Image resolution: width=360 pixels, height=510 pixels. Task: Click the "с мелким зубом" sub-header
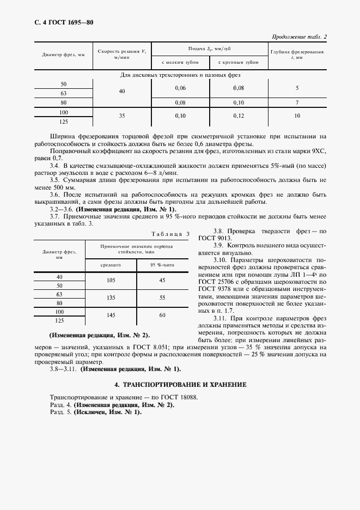(180, 63)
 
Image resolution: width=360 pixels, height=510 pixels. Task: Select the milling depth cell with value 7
(297, 102)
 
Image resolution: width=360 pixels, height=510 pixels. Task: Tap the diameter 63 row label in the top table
(64, 93)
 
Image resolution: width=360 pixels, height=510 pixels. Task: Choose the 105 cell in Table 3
(111, 280)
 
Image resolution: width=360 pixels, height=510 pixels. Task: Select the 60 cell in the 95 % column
(162, 315)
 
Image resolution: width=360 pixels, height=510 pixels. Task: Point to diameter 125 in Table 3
(59, 320)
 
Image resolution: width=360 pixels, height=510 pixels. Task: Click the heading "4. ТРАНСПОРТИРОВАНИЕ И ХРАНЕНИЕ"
(180, 384)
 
